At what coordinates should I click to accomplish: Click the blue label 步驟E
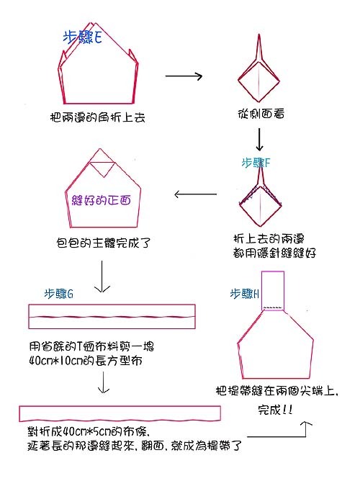(83, 37)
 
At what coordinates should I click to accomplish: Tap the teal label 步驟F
(256, 163)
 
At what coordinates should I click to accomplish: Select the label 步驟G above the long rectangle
(59, 294)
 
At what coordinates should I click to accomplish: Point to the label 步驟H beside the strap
(244, 294)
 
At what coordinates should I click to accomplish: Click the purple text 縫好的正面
(102, 200)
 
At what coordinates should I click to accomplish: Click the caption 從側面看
(261, 114)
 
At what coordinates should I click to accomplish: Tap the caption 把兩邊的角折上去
(97, 117)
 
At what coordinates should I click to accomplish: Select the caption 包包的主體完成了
(104, 243)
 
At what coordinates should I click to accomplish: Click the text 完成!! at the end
(275, 410)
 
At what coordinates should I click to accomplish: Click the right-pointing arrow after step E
(184, 76)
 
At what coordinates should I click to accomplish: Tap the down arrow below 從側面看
(259, 140)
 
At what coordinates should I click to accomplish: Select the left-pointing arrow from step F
(195, 194)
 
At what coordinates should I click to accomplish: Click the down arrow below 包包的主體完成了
(102, 277)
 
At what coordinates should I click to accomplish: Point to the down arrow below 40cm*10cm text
(104, 382)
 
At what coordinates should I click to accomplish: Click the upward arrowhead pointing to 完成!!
(306, 423)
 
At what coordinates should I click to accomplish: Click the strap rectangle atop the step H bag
(273, 290)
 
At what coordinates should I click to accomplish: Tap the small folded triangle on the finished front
(104, 168)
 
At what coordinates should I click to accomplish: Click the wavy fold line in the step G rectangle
(112, 317)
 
